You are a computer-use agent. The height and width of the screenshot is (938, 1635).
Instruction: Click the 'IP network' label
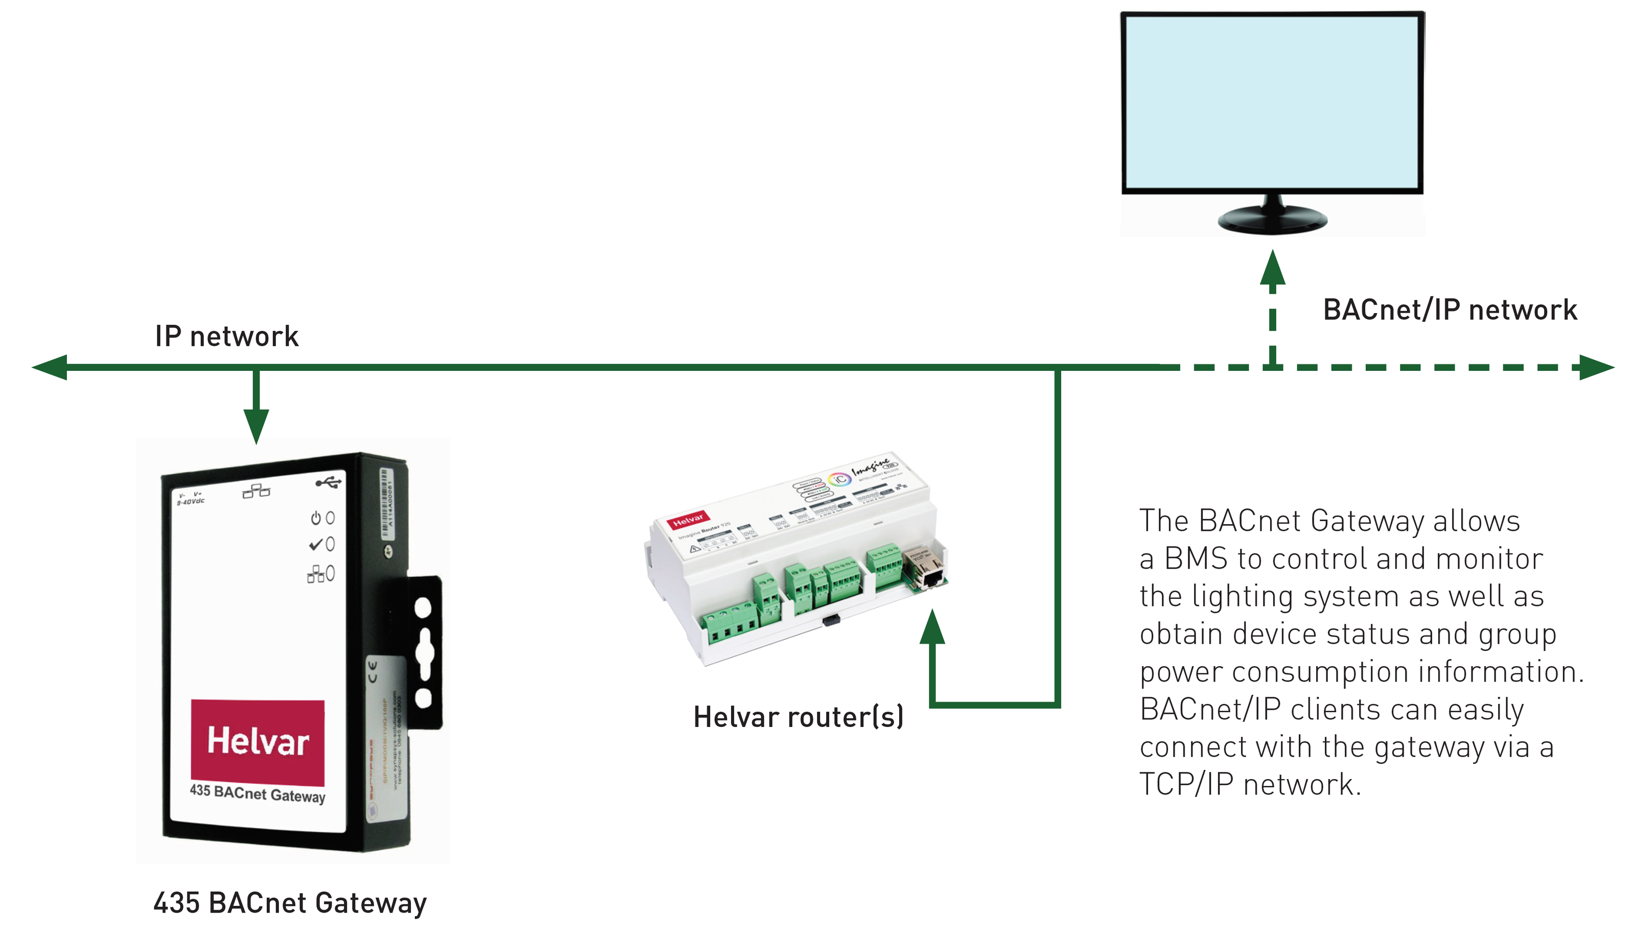click(227, 336)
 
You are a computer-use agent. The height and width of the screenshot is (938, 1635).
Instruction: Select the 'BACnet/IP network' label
click(1450, 310)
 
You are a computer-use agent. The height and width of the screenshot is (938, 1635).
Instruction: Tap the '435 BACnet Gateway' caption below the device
click(290, 903)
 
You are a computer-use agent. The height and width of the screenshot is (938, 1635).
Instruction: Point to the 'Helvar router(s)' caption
click(798, 717)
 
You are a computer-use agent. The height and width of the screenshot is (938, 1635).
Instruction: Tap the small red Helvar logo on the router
click(688, 519)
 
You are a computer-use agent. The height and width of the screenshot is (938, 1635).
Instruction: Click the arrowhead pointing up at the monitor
click(1272, 267)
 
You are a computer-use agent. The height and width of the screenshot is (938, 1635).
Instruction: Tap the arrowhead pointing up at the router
click(932, 627)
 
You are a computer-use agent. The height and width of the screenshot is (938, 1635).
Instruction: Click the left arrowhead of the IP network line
click(50, 367)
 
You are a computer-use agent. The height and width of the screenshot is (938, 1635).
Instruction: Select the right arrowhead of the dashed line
click(1596, 367)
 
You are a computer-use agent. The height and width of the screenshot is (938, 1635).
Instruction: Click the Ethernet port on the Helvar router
click(928, 570)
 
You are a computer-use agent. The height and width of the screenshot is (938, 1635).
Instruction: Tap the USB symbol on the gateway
click(328, 482)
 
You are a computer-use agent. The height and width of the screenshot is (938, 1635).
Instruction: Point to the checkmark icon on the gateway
click(316, 545)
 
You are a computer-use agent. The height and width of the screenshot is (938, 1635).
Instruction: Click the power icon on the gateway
click(316, 518)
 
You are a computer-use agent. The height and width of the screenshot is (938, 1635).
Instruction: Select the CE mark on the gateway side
click(372, 671)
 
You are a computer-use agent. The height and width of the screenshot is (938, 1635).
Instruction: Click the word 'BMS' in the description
click(1195, 558)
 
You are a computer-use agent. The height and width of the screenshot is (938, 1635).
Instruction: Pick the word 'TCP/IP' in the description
click(1186, 785)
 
